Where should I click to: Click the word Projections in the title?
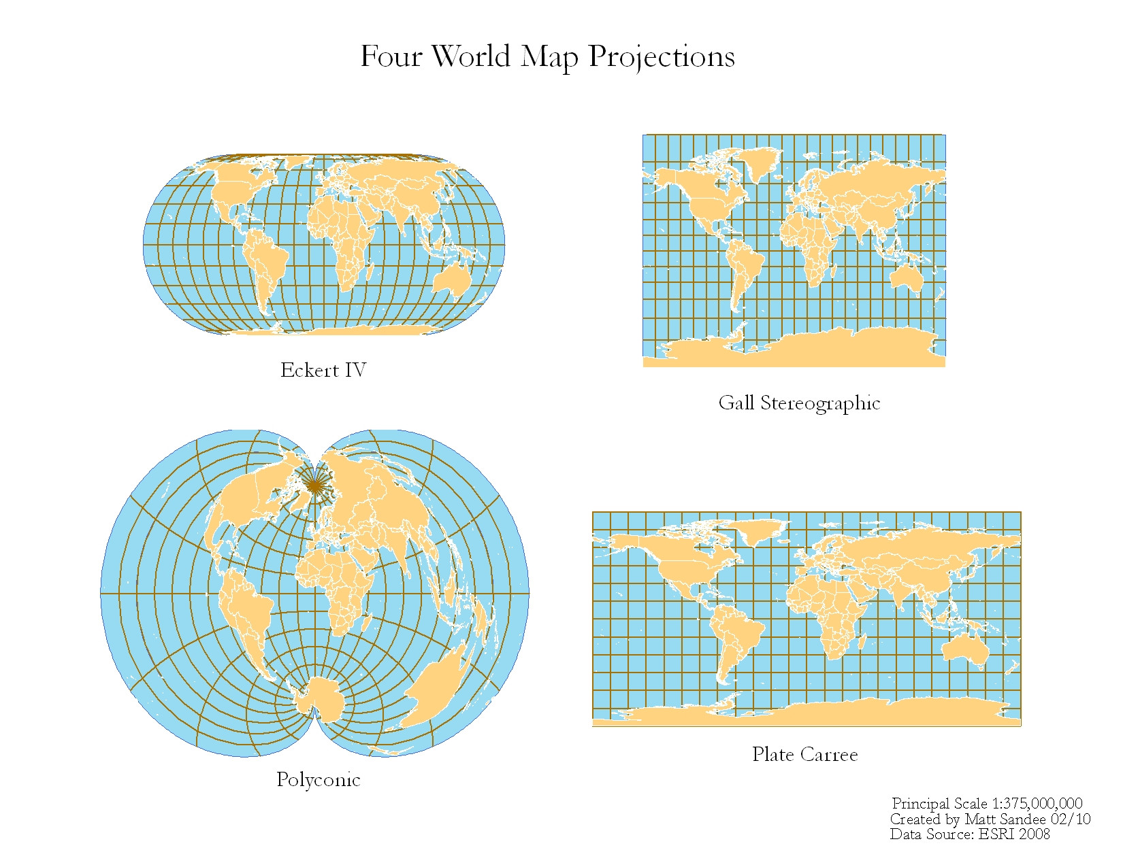(661, 57)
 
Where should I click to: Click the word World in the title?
(471, 56)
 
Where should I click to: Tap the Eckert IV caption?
(323, 370)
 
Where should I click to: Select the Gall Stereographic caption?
(799, 403)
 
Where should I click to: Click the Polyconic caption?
(318, 779)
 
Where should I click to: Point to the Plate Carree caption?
(804, 754)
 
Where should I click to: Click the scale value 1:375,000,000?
(1037, 804)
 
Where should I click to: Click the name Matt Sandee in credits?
(1005, 819)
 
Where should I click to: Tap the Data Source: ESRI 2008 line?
(969, 834)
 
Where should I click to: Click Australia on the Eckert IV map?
(453, 279)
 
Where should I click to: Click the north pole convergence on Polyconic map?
(314, 484)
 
